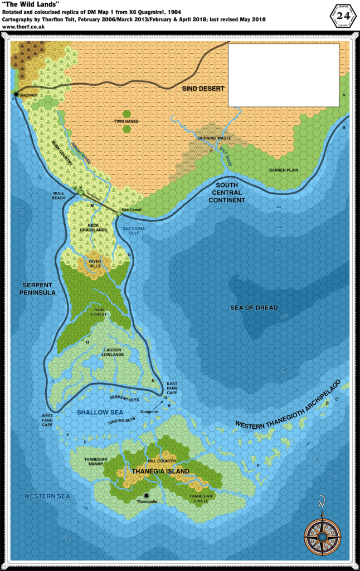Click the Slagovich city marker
pyautogui.click(x=16, y=94)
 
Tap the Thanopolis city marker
pyautogui.click(x=147, y=495)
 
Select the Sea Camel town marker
pyautogui.click(x=119, y=213)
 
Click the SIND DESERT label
pyautogui.click(x=203, y=89)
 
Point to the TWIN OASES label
pyautogui.click(x=127, y=121)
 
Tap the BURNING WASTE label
pyautogui.click(x=215, y=137)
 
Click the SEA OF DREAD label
pyautogui.click(x=254, y=308)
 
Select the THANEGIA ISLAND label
pyautogui.click(x=160, y=471)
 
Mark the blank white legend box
pyautogui.click(x=284, y=75)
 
